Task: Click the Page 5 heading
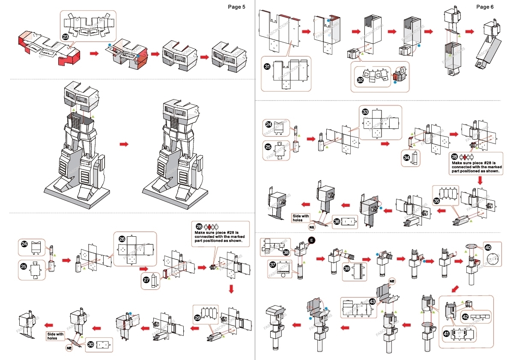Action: (x=236, y=7)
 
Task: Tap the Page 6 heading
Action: (x=485, y=7)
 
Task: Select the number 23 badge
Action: (x=65, y=37)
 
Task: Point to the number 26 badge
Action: (x=122, y=238)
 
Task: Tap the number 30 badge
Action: (x=91, y=344)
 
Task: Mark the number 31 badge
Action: (x=267, y=66)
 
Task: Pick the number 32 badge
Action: (x=360, y=80)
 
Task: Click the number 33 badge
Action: (x=365, y=112)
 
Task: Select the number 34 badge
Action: (x=406, y=158)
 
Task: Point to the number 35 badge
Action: (x=436, y=200)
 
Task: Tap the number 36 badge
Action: (x=337, y=222)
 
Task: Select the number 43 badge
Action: (x=372, y=301)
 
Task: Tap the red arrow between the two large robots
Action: (x=124, y=144)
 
